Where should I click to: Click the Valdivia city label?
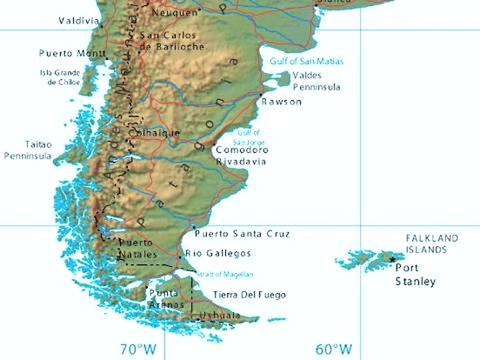click(79, 21)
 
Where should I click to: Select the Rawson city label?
click(281, 101)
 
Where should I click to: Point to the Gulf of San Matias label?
click(307, 61)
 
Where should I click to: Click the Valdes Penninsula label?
click(316, 81)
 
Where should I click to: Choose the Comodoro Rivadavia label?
click(242, 155)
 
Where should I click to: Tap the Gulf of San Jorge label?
click(249, 138)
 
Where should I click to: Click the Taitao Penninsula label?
click(28, 150)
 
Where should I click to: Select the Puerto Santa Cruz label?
click(242, 234)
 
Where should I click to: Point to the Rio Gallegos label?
click(218, 253)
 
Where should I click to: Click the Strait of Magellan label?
click(225, 275)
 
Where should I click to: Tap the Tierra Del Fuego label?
click(249, 295)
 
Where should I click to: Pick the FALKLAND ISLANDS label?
click(432, 244)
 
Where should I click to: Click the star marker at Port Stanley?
click(392, 259)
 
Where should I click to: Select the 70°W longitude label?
click(138, 349)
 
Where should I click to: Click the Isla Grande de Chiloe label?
click(60, 77)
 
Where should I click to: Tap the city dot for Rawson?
click(261, 95)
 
